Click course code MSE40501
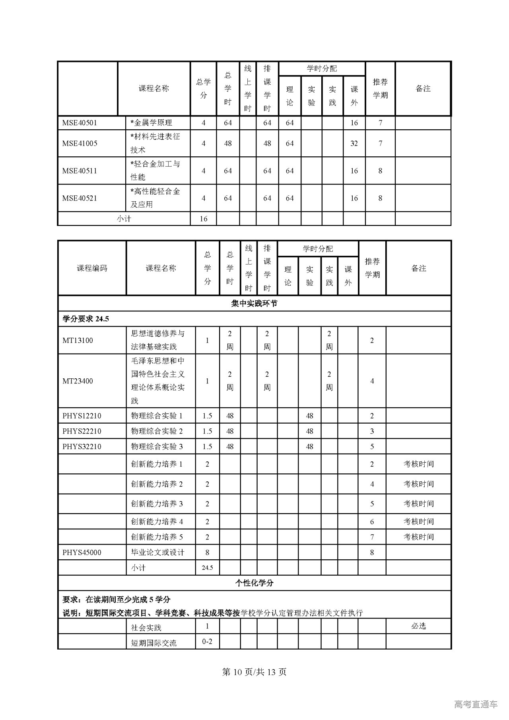[80, 123]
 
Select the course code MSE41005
[80, 144]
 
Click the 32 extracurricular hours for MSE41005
[354, 144]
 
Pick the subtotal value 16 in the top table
[203, 219]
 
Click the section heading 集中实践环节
[254, 304]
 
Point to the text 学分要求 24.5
[86, 319]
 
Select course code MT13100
[78, 341]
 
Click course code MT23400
[78, 381]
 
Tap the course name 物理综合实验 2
[157, 431]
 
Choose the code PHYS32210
[82, 447]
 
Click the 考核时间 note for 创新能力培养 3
[418, 504]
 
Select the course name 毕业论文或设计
[158, 553]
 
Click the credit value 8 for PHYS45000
[207, 553]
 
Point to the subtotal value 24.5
[207, 568]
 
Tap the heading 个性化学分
[254, 583]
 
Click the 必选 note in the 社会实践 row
[418, 626]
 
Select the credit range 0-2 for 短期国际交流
[207, 641]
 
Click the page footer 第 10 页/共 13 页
[254, 672]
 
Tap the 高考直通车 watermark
[476, 704]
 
